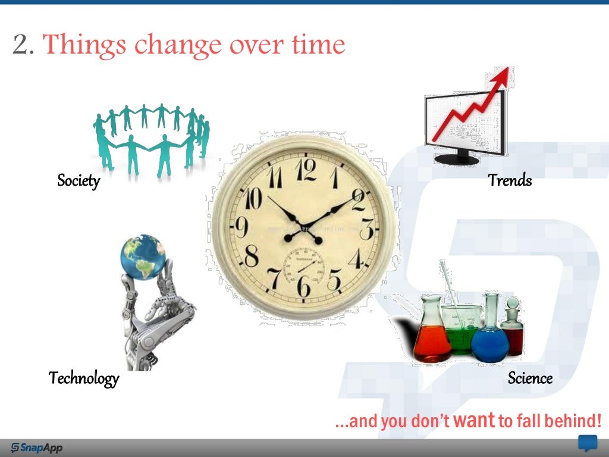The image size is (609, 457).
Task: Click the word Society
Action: [x=78, y=180]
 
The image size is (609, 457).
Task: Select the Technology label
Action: [x=84, y=378]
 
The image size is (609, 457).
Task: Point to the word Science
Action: [x=530, y=378]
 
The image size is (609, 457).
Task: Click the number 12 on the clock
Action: [x=306, y=171]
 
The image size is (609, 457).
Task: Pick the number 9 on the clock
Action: [x=242, y=228]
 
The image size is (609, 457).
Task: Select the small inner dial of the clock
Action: [x=304, y=267]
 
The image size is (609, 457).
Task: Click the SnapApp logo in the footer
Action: [x=37, y=447]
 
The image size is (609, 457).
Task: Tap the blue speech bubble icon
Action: [x=588, y=443]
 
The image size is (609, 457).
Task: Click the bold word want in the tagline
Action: [x=474, y=421]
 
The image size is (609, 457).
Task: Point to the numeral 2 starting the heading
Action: [x=22, y=45]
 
